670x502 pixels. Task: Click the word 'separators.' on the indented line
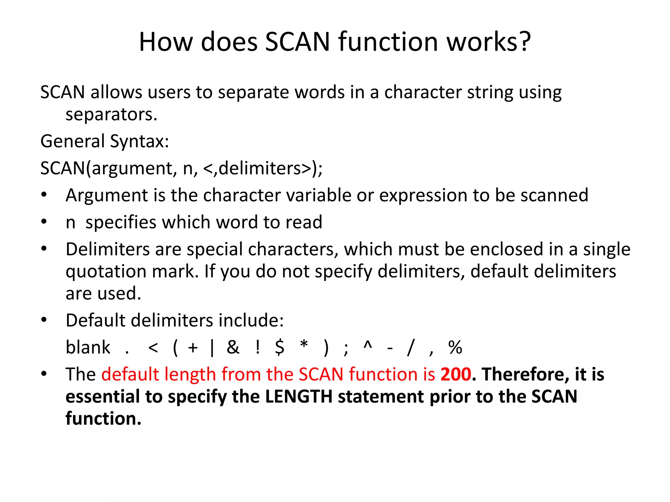[x=111, y=115]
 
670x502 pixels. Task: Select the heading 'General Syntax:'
[x=105, y=142]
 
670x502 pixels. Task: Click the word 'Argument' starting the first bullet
[x=107, y=195]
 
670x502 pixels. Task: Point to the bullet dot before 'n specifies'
[x=44, y=222]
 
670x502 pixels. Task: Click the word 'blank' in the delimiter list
[x=88, y=347]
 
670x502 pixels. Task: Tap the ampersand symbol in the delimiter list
[x=233, y=347]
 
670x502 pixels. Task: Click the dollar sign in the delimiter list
[x=280, y=347]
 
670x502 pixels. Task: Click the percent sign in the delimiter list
[x=455, y=347]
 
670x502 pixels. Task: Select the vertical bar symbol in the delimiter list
[x=212, y=348]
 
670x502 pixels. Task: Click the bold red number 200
[x=456, y=375]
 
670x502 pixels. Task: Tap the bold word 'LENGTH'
[x=299, y=397]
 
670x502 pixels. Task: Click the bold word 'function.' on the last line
[x=103, y=419]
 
